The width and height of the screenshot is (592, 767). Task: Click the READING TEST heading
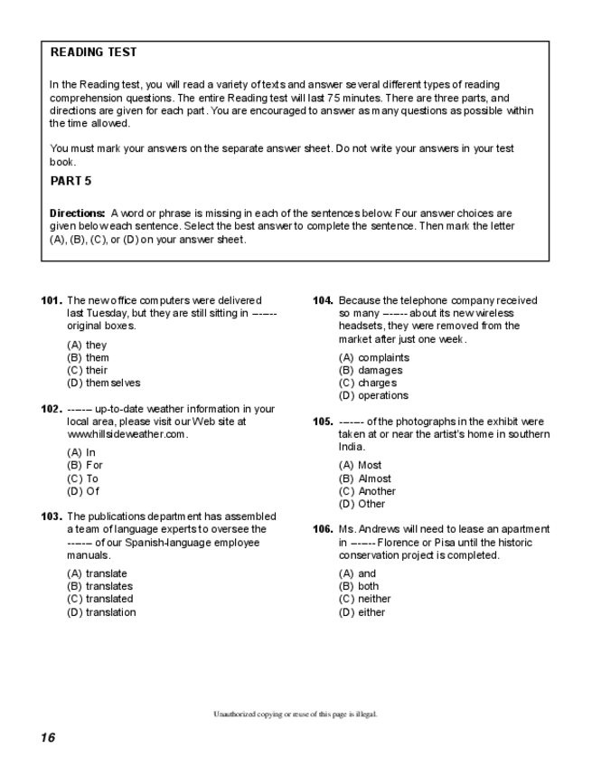(x=93, y=52)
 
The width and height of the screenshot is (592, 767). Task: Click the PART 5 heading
(x=70, y=181)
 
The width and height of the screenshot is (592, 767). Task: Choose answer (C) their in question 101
(x=88, y=370)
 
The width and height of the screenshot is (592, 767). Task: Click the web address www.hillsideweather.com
(x=127, y=434)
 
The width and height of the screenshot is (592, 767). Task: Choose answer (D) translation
(x=101, y=612)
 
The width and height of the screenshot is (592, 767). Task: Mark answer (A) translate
(x=97, y=573)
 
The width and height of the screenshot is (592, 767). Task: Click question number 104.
(x=323, y=300)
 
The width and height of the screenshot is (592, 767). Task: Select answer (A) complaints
(x=374, y=357)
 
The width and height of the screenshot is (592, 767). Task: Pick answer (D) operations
(x=373, y=395)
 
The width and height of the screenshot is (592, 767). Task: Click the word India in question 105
(x=352, y=447)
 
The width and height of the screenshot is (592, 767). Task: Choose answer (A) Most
(x=361, y=466)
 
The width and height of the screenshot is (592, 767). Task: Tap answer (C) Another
(x=367, y=491)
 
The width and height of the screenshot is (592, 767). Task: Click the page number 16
(x=47, y=737)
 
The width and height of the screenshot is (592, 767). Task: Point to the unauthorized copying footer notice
(x=295, y=714)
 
